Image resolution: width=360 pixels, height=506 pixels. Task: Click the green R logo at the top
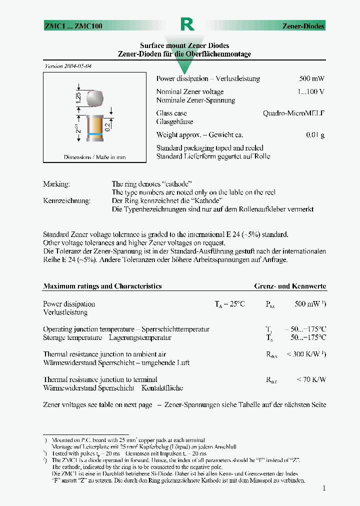tap(186, 25)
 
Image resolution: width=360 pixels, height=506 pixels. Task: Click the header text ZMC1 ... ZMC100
tap(73, 26)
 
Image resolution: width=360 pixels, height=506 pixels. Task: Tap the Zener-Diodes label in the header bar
tap(303, 26)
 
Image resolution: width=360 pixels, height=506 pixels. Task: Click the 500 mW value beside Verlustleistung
tap(311, 79)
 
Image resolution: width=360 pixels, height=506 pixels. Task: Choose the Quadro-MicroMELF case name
tap(293, 113)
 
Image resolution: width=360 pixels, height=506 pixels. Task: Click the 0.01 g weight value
tap(315, 135)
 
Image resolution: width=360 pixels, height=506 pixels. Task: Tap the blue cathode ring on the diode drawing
tap(95, 134)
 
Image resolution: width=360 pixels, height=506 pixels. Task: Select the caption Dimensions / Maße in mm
tap(94, 157)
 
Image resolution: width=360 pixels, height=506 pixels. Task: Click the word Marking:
tap(56, 184)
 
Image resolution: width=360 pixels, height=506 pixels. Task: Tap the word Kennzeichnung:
tap(66, 201)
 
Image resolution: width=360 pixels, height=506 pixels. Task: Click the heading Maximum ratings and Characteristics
tap(102, 286)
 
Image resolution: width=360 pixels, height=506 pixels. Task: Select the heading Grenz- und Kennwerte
tap(290, 286)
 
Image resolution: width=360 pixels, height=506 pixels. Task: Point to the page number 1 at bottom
tap(324, 488)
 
